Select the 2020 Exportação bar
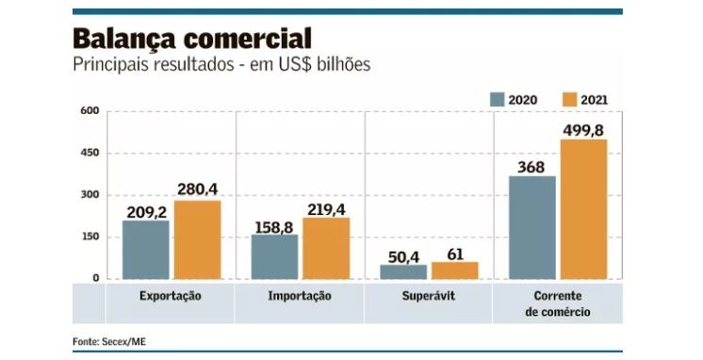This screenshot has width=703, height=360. (x=146, y=250)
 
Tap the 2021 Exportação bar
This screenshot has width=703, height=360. (x=197, y=239)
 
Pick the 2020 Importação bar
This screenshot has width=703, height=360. (x=274, y=256)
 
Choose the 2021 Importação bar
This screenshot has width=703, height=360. (x=326, y=248)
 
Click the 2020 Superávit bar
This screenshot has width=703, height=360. (x=403, y=271)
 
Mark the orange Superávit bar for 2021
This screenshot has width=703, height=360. (x=455, y=270)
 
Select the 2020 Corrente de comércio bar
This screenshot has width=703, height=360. (x=532, y=227)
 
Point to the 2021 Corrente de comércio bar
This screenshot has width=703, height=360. (x=584, y=209)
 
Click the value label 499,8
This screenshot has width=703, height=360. (x=584, y=129)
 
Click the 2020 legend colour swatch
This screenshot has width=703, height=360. (x=498, y=98)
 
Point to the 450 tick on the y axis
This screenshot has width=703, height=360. (x=90, y=153)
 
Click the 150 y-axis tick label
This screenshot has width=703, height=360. (x=90, y=237)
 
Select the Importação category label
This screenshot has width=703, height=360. (x=300, y=296)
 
